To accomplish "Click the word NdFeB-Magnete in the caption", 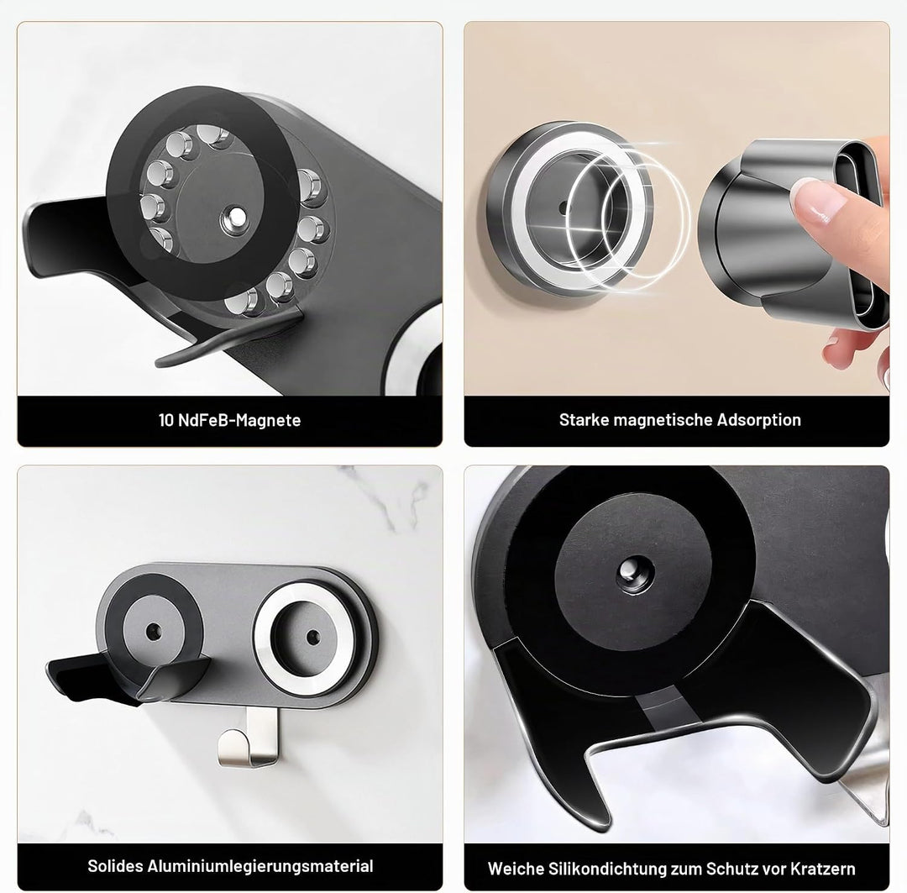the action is [239, 420].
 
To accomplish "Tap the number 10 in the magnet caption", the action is [166, 420].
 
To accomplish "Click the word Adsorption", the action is [758, 420].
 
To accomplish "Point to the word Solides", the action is [115, 866].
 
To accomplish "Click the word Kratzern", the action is [822, 869].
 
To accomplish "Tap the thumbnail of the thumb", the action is [822, 200].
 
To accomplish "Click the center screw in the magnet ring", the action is [235, 219].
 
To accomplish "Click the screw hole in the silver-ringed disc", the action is [313, 637].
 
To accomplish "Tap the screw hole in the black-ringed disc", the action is [153, 631].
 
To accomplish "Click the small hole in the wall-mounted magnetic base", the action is [563, 207].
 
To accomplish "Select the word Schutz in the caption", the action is [730, 869].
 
